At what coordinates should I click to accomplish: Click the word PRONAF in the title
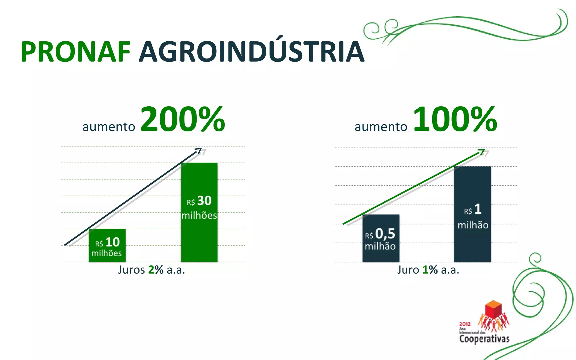[75, 52]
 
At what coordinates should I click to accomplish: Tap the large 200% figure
[183, 119]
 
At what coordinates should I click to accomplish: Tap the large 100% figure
[455, 119]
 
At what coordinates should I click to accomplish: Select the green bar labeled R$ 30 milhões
[199, 180]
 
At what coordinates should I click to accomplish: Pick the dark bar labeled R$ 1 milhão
[472, 186]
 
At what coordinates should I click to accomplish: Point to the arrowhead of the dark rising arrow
[199, 150]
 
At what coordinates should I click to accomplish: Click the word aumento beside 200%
[109, 127]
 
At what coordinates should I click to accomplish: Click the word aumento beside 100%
[381, 127]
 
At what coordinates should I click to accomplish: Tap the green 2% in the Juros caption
[156, 270]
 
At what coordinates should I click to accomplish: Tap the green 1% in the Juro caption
[430, 270]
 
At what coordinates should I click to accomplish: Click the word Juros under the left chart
[131, 270]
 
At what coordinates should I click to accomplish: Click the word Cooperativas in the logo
[484, 338]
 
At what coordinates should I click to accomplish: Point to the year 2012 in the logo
[465, 324]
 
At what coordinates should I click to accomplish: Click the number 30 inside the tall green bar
[204, 201]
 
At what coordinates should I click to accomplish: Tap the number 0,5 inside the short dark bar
[385, 234]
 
